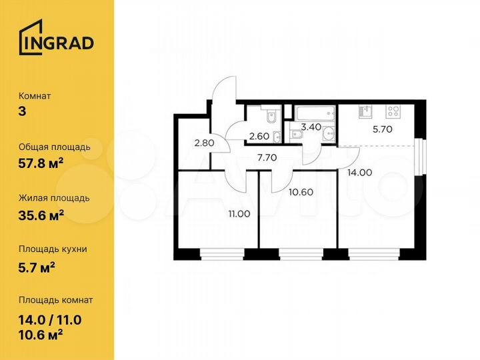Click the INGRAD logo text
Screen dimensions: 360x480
(x=57, y=43)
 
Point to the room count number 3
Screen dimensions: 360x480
(x=23, y=111)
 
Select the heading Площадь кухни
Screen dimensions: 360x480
(x=53, y=249)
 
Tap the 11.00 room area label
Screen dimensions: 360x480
(x=239, y=214)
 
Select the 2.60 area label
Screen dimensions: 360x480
(x=259, y=137)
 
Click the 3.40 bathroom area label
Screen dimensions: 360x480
(x=311, y=125)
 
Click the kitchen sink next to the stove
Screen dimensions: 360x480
(x=365, y=111)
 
